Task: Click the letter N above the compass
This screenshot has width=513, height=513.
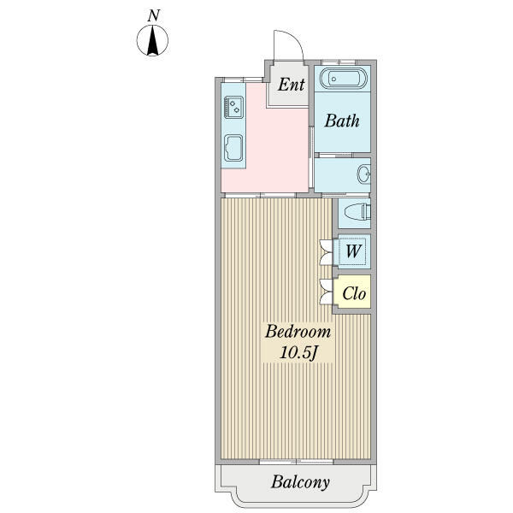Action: [153, 15]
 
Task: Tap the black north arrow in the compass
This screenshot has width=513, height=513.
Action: [152, 41]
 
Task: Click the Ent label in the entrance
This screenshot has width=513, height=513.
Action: [292, 85]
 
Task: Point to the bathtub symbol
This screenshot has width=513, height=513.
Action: [343, 79]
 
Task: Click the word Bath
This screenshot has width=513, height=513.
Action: [342, 121]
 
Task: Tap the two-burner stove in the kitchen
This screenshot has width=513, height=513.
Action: [233, 107]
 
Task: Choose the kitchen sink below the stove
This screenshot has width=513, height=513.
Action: [233, 148]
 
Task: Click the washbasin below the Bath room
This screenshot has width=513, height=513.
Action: [364, 174]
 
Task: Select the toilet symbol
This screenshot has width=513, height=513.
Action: [357, 212]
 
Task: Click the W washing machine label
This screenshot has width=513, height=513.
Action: [353, 251]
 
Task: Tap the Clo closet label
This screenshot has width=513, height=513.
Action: [354, 293]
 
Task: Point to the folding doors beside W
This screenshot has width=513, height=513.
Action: [327, 252]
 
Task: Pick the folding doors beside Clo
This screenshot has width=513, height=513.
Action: [327, 292]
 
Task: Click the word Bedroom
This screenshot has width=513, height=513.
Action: [298, 332]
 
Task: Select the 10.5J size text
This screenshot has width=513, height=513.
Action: [298, 352]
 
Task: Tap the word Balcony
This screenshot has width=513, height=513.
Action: [300, 482]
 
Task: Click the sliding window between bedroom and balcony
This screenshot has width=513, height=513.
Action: [297, 462]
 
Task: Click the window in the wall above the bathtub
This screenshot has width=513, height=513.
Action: [339, 62]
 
